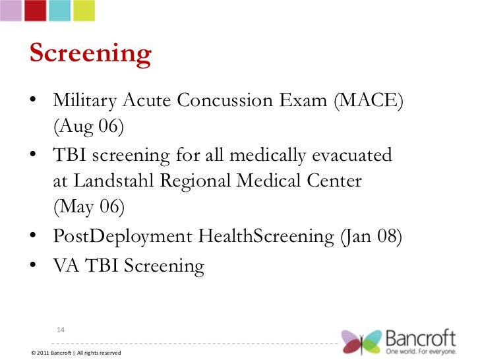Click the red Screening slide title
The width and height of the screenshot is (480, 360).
[90, 55]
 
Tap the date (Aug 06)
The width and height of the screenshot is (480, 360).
[88, 126]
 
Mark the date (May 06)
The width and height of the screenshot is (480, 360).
[88, 206]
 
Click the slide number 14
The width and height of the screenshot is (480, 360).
[60, 329]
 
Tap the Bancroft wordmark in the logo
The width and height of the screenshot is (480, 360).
[420, 338]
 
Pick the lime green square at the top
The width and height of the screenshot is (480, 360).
[83, 9]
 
